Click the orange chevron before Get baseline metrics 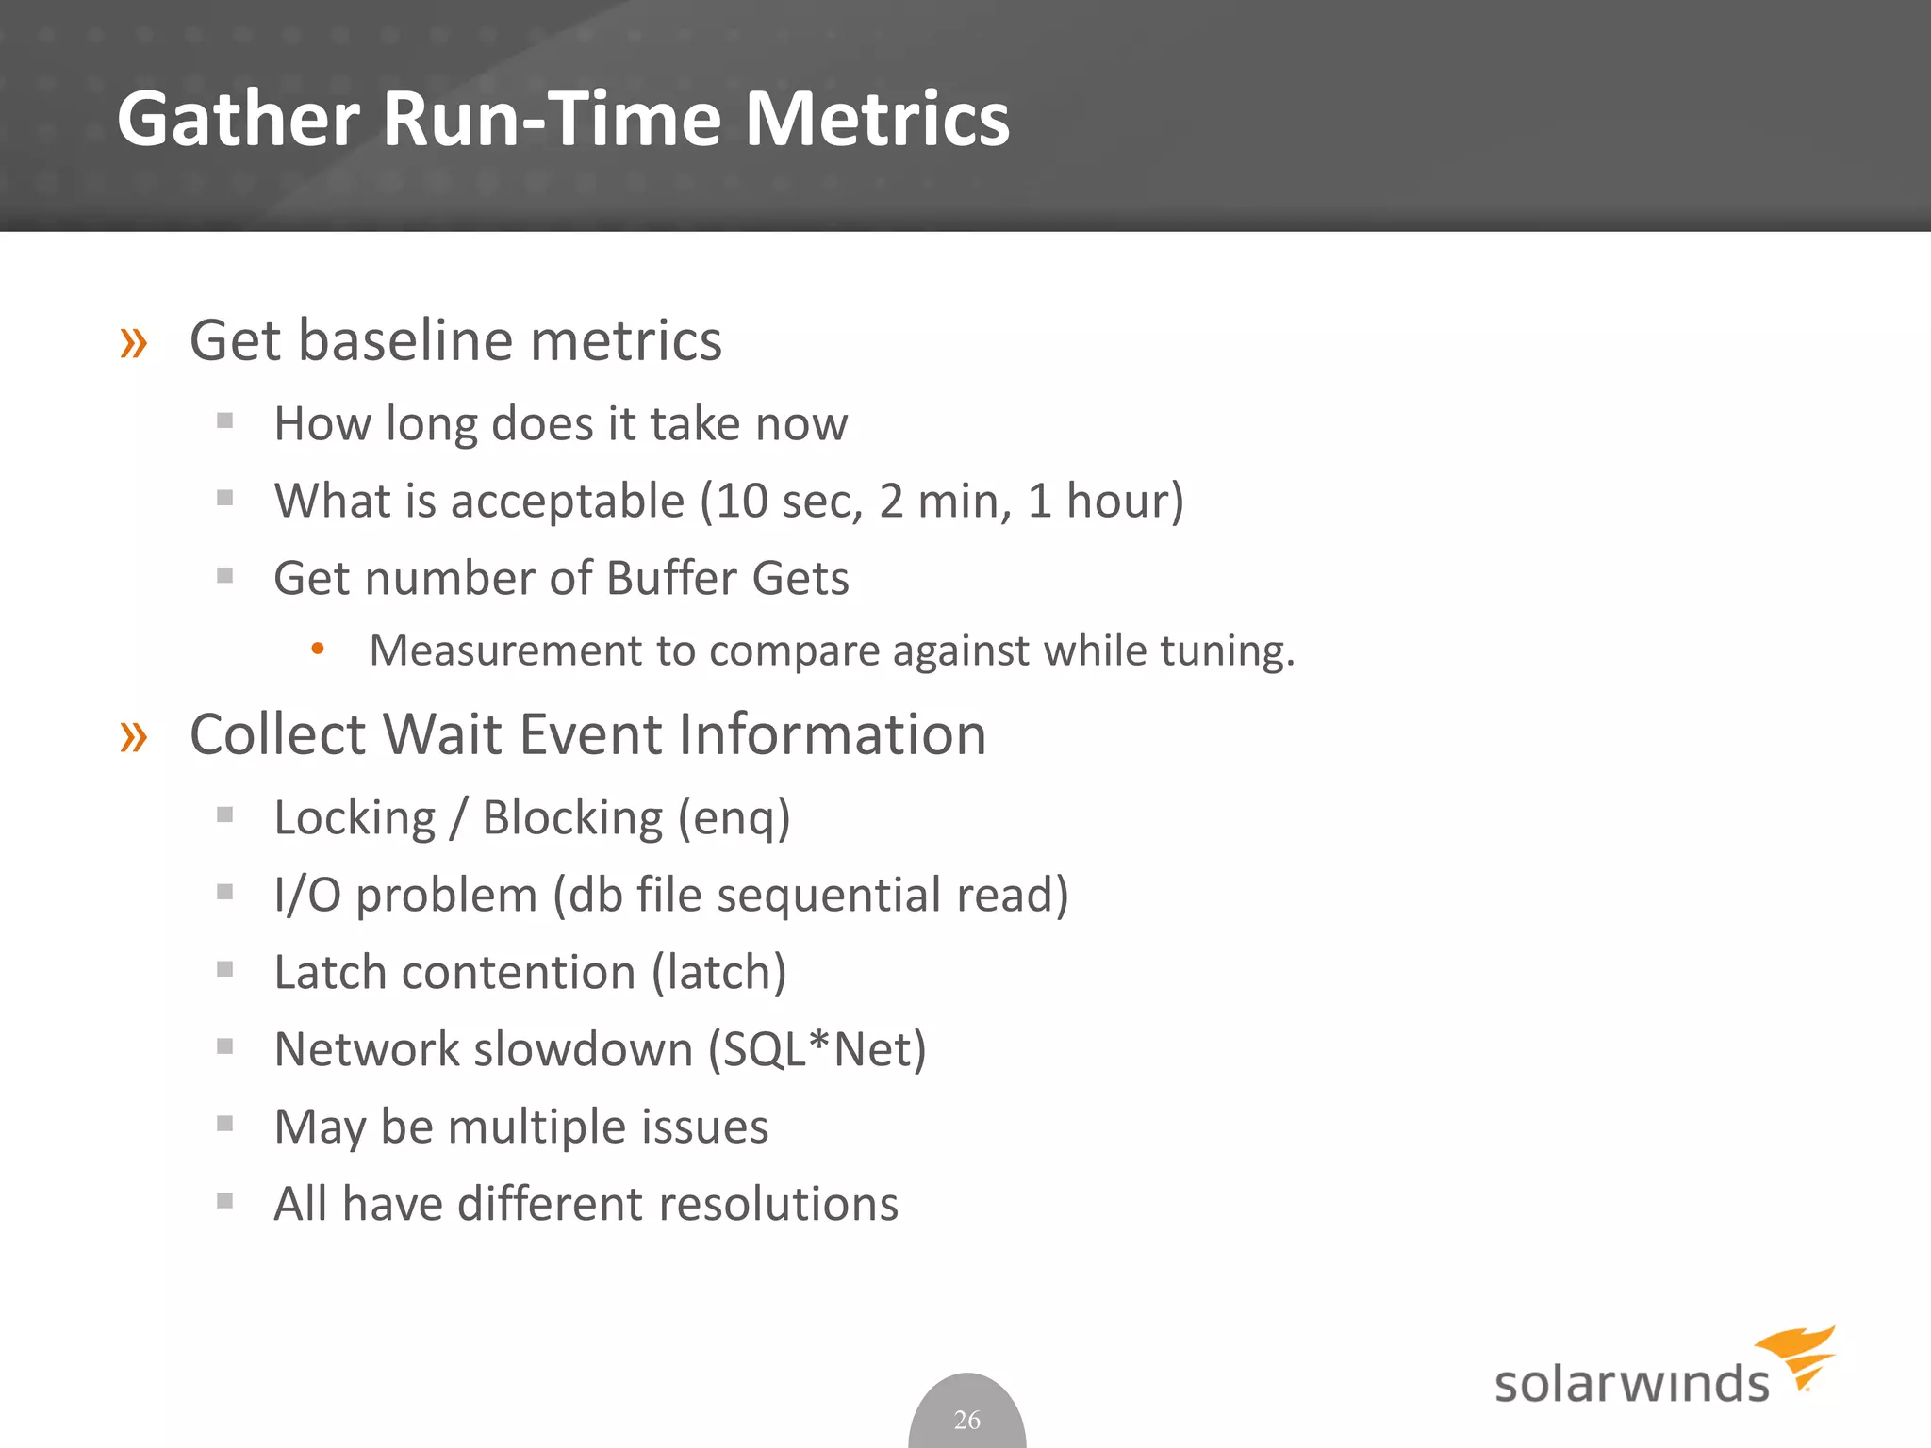click(134, 343)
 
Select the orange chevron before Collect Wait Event click(134, 737)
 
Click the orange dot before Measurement click(318, 649)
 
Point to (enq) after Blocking click(734, 818)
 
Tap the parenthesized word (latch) click(719, 973)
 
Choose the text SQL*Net click(817, 1049)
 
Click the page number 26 click(966, 1419)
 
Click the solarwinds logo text click(1631, 1384)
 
